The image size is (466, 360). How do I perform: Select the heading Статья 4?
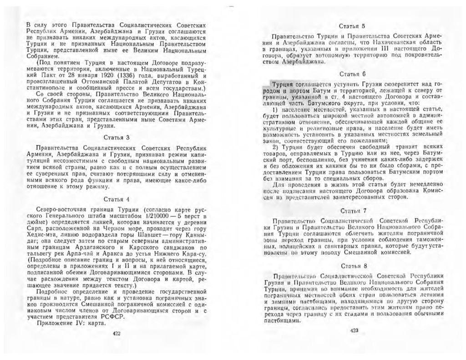[116, 199]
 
